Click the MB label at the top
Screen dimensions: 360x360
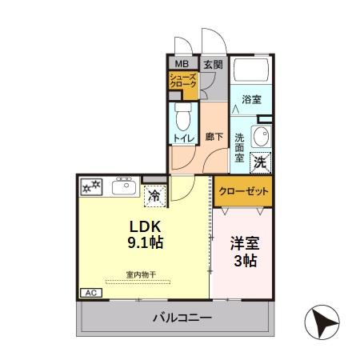[x=182, y=64]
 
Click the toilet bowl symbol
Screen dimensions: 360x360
[x=182, y=118]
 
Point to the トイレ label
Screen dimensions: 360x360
[x=182, y=138]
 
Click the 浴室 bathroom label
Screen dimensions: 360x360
[x=253, y=100]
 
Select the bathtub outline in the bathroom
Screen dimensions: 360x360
[x=253, y=70]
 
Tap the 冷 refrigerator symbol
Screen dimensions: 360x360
[x=153, y=193]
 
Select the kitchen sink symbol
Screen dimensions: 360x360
[x=123, y=187]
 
